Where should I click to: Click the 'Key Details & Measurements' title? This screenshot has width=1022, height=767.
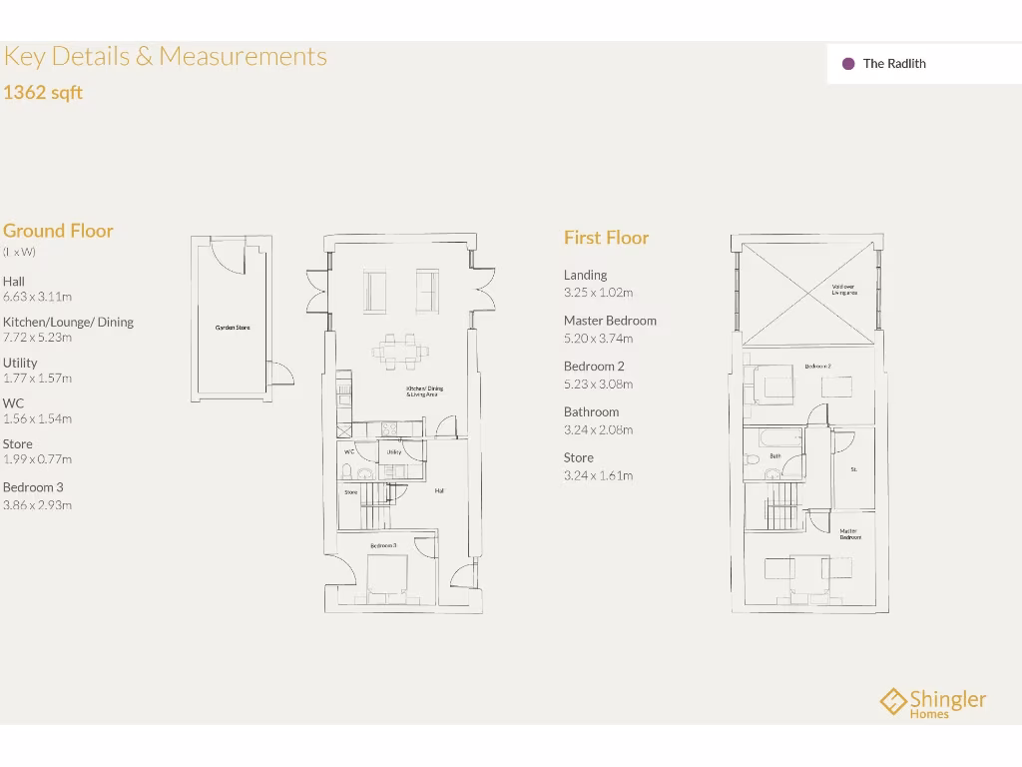click(166, 56)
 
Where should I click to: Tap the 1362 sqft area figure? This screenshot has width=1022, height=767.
click(43, 93)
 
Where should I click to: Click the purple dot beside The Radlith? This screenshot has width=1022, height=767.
click(848, 64)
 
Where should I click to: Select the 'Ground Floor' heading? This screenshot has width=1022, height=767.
click(58, 231)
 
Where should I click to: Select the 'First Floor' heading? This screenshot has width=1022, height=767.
click(606, 238)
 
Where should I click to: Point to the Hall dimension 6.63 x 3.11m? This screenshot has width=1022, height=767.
click(37, 297)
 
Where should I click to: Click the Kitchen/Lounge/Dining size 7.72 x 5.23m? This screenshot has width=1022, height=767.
click(37, 338)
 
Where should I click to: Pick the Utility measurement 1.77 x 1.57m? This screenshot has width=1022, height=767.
click(37, 379)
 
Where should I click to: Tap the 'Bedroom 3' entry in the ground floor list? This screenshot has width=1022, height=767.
click(33, 487)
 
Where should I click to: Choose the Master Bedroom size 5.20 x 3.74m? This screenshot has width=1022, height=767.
click(598, 339)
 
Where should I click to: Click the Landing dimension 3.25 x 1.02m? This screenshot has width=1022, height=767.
click(598, 293)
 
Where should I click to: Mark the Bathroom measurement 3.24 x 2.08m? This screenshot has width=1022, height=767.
click(598, 430)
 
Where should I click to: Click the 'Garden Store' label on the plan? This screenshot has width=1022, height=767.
click(233, 328)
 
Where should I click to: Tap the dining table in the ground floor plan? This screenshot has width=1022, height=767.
click(401, 351)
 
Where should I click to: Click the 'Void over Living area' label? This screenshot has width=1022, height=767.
click(843, 290)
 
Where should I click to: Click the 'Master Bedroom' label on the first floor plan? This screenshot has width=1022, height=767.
click(849, 534)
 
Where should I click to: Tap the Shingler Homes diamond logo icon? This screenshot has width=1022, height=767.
click(892, 701)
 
